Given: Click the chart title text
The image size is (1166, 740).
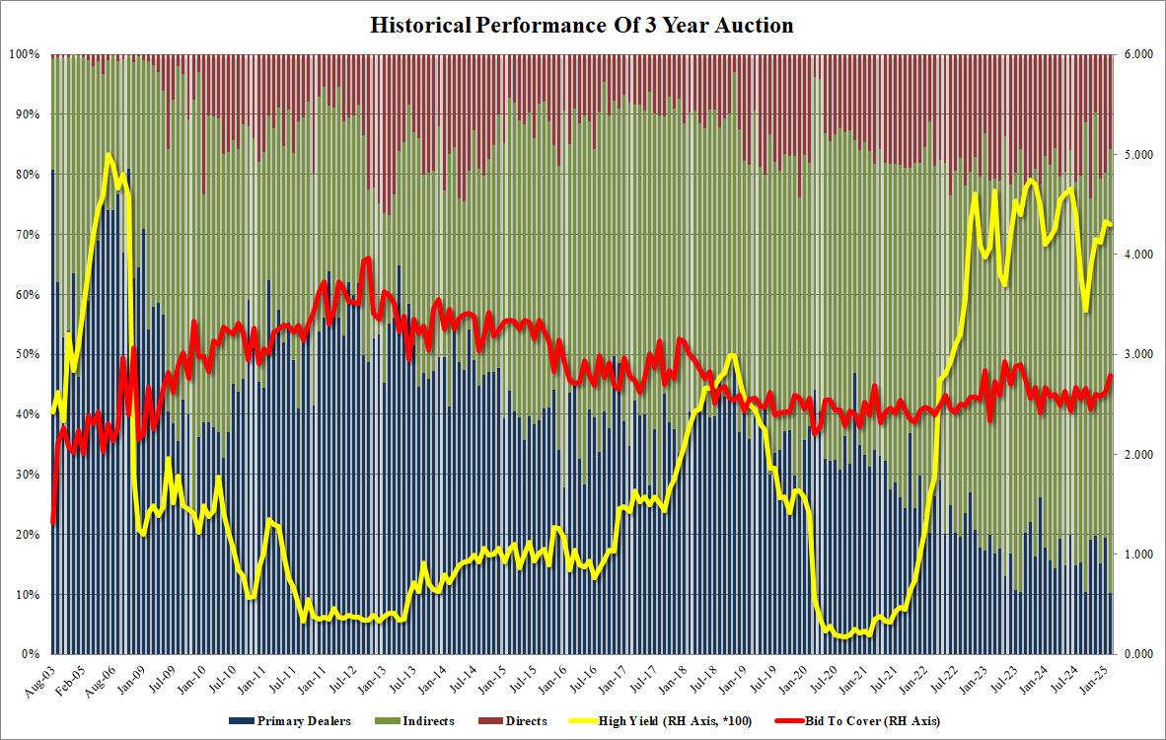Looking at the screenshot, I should point(582,27).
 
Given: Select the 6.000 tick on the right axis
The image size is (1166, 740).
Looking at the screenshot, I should point(1137,54).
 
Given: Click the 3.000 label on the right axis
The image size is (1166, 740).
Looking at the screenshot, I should point(1137,354).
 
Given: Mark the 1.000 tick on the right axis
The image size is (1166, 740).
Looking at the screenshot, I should point(1137,555).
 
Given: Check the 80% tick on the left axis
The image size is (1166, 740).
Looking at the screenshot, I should point(25,175).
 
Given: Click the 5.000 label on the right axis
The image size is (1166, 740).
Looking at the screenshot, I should point(1137,155).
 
